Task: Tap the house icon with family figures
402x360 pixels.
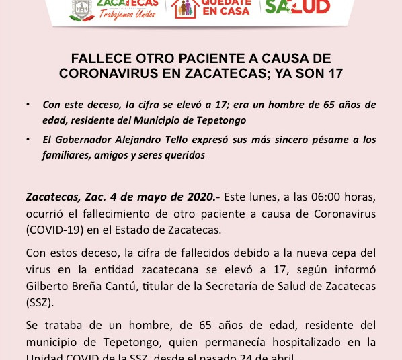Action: click(184, 7)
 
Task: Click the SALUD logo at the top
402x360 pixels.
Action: click(297, 7)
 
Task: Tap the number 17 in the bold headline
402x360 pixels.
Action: click(335, 73)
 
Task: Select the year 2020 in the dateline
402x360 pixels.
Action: click(199, 197)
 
